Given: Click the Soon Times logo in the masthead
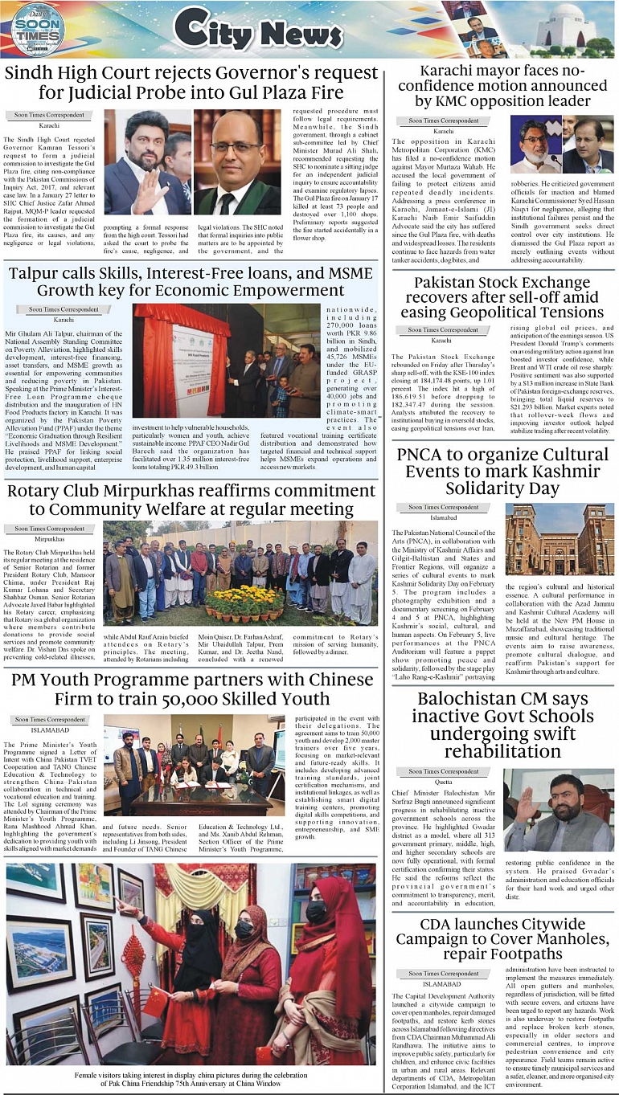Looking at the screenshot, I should (x=37, y=30).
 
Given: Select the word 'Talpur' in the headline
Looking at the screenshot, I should (x=36, y=274).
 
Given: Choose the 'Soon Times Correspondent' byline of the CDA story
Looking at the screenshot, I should (x=443, y=973).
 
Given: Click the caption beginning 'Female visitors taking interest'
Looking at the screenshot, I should (x=191, y=1078).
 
